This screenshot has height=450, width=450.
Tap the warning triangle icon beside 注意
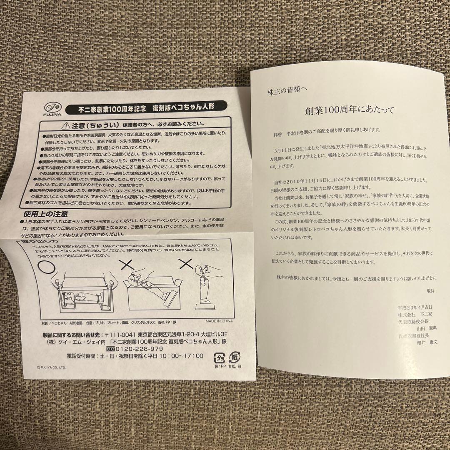65,125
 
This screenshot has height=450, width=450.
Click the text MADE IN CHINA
219,321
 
